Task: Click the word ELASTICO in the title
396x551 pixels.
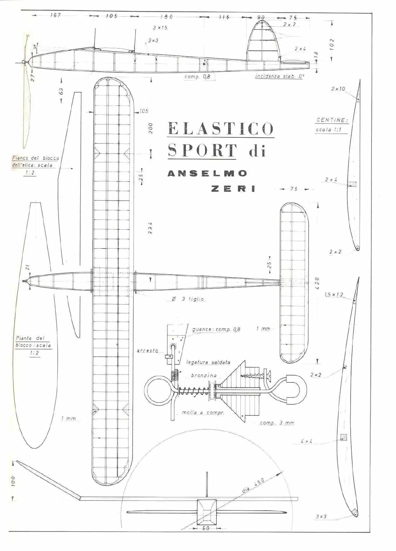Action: [221, 128]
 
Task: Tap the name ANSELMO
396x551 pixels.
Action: [207, 173]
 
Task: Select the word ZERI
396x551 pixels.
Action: [234, 189]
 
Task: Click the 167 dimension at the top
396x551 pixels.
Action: [56, 15]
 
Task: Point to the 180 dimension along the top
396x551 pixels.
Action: [167, 17]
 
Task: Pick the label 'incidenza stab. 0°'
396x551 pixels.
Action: [279, 76]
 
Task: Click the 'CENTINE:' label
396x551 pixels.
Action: [332, 120]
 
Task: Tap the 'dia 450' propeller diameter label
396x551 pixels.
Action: [254, 485]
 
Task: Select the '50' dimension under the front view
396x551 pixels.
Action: [206, 528]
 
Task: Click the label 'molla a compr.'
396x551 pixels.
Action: [203, 413]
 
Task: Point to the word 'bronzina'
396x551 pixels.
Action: [204, 375]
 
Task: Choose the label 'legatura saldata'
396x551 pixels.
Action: [208, 362]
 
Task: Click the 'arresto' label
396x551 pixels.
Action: [147, 351]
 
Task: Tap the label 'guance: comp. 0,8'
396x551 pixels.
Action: [216, 329]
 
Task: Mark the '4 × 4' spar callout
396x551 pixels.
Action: [307, 441]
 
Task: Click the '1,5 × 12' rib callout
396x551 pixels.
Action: [334, 295]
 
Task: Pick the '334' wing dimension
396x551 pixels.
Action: [150, 228]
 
